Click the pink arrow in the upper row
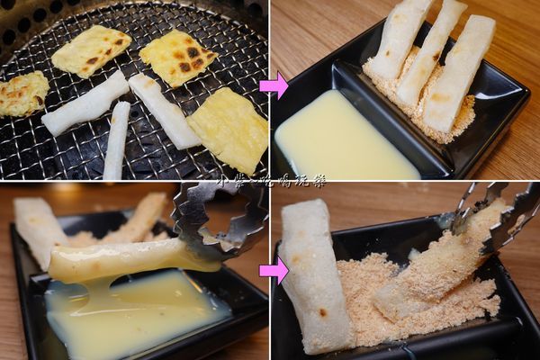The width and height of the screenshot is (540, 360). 274,85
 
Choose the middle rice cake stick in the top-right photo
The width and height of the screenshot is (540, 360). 432,52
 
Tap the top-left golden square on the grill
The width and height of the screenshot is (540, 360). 91,50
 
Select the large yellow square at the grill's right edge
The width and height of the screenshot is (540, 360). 229,129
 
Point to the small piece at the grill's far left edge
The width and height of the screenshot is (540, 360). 22,94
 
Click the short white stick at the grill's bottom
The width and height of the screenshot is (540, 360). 116,142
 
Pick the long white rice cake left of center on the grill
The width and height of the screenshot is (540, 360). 85,103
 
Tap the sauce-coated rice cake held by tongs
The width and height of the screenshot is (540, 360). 126,260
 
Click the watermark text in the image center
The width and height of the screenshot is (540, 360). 270,181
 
